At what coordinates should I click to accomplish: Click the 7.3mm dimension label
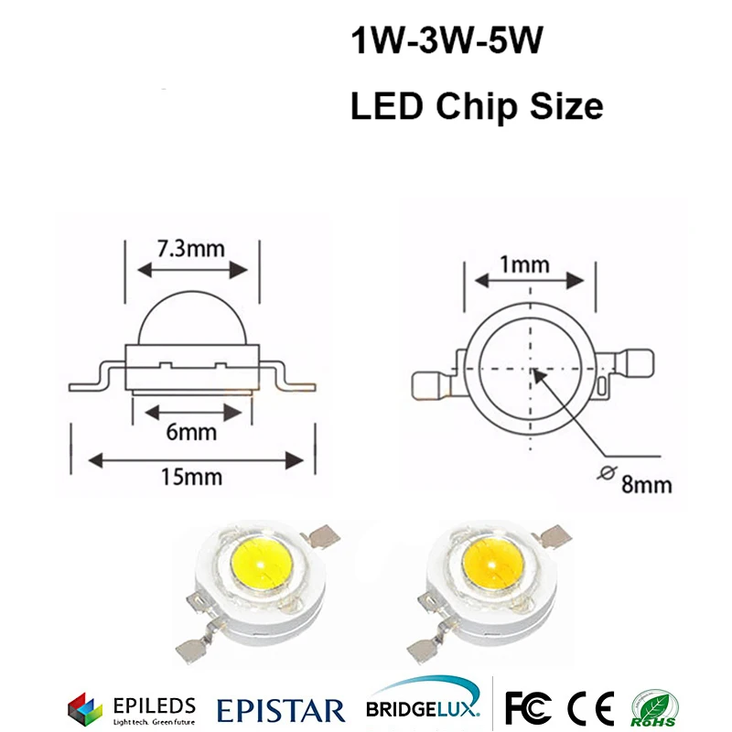coord(193,249)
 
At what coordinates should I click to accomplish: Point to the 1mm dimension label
coord(524,266)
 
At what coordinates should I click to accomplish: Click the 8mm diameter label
coord(646,483)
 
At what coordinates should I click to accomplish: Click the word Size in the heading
coord(564,106)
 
